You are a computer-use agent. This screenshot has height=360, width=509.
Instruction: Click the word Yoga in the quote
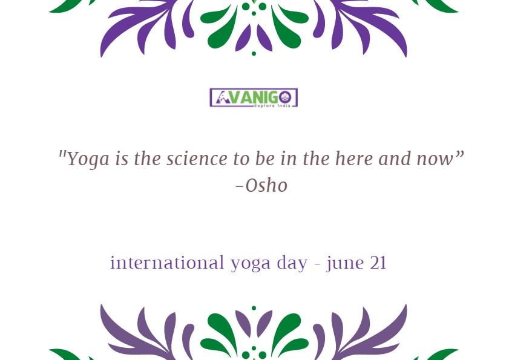pyautogui.click(x=88, y=159)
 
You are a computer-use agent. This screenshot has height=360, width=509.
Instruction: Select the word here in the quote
pyautogui.click(x=353, y=159)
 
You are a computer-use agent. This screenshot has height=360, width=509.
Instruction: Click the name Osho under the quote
pyautogui.click(x=266, y=186)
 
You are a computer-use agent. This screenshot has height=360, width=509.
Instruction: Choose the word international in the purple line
pyautogui.click(x=167, y=263)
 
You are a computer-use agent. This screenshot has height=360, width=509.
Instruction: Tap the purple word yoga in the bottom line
pyautogui.click(x=251, y=264)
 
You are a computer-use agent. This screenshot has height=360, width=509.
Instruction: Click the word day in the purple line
pyautogui.click(x=292, y=263)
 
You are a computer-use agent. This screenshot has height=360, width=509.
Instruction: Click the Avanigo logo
pyautogui.click(x=254, y=97)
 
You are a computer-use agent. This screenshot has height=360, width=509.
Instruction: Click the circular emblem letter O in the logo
pyautogui.click(x=285, y=97)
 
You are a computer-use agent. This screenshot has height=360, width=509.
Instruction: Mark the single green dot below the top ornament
pyautogui.click(x=254, y=54)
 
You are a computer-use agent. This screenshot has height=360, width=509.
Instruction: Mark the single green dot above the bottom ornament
pyautogui.click(x=254, y=308)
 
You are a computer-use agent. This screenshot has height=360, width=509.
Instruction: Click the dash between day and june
pyautogui.click(x=317, y=264)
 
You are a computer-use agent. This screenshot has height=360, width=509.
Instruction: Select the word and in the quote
pyautogui.click(x=395, y=159)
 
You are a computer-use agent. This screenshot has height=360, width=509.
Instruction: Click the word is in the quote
pyautogui.click(x=122, y=159)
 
